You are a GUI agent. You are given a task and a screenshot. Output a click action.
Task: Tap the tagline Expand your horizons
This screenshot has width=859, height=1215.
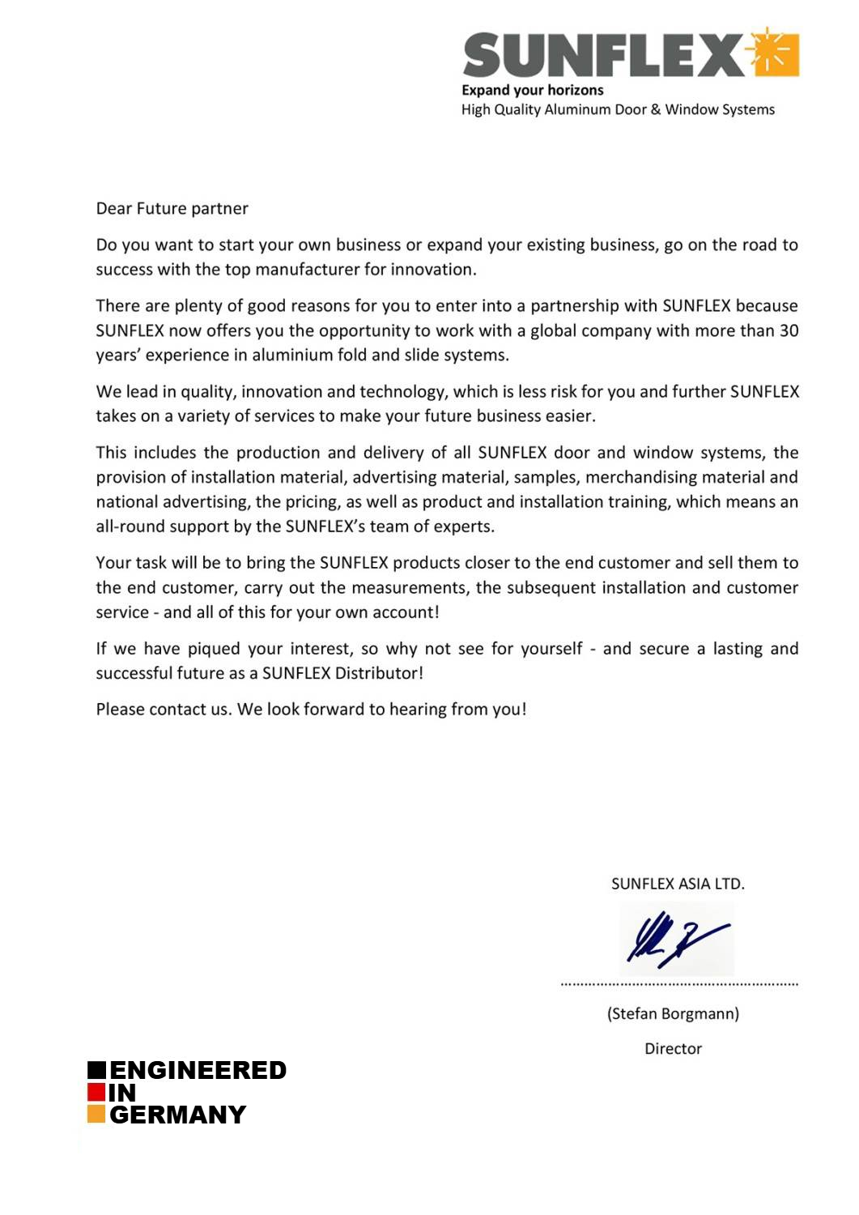click(x=532, y=90)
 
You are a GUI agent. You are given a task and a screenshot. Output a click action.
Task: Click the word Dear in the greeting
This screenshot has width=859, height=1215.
click(x=113, y=208)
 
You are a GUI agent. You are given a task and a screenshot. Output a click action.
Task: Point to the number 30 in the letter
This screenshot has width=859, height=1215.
click(x=788, y=330)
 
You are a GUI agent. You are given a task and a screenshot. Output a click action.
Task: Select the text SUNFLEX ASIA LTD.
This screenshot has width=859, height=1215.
click(x=677, y=884)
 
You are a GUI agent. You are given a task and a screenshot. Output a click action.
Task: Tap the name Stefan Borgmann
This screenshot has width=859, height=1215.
click(x=673, y=1013)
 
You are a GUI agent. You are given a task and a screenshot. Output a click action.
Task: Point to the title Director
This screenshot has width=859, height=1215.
click(x=673, y=1049)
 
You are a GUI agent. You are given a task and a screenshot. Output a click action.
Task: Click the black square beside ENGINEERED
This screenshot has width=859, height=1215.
click(x=97, y=1070)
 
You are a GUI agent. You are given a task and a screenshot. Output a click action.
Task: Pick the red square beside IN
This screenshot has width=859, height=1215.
click(x=96, y=1092)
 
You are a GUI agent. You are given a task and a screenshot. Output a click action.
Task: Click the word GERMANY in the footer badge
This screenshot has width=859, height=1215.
click(x=177, y=1115)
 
